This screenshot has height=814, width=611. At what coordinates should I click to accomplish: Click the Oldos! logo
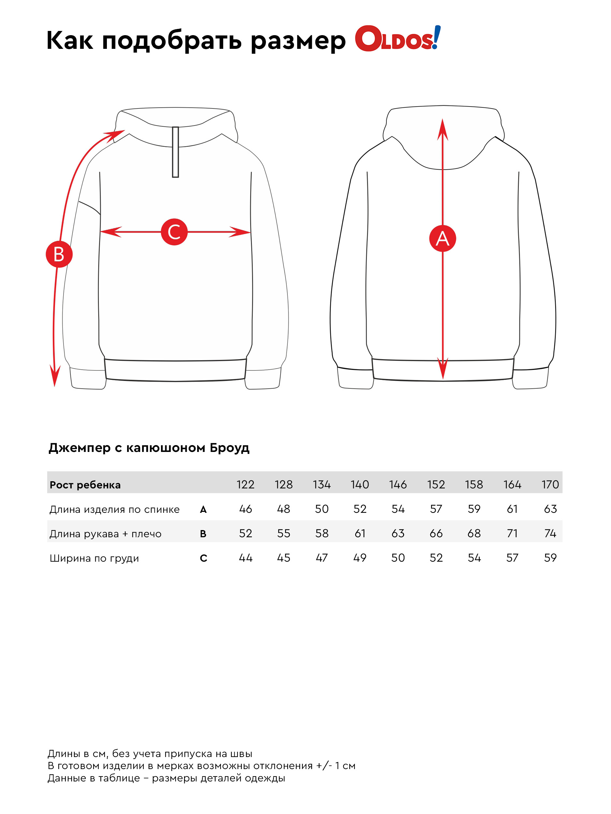pyautogui.click(x=397, y=38)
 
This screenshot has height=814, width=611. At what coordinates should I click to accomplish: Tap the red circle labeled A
pyautogui.click(x=442, y=238)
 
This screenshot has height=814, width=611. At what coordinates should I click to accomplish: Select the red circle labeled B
pyautogui.click(x=59, y=254)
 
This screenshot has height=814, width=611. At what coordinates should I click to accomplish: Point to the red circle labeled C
pyautogui.click(x=174, y=232)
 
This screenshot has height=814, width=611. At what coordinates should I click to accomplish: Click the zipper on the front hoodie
pyautogui.click(x=175, y=152)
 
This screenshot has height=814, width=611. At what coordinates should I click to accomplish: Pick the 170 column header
pyautogui.click(x=550, y=484)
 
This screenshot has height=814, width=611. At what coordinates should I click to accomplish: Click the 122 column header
pyautogui.click(x=245, y=484)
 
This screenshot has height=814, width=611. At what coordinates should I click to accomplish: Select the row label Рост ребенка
pyautogui.click(x=85, y=484)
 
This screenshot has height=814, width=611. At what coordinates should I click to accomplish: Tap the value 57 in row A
pyautogui.click(x=436, y=509)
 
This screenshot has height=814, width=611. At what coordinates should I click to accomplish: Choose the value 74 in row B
pyautogui.click(x=550, y=533)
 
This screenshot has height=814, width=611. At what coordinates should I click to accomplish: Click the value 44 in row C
pyautogui.click(x=245, y=557)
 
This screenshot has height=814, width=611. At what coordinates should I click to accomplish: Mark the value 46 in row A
pyautogui.click(x=245, y=509)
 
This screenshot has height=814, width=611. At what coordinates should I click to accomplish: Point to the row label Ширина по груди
pyautogui.click(x=94, y=558)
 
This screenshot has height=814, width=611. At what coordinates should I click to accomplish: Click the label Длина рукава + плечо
pyautogui.click(x=105, y=534)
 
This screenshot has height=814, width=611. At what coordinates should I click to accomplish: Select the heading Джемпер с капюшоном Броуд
pyautogui.click(x=149, y=448)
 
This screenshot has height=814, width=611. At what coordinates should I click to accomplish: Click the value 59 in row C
pyautogui.click(x=550, y=557)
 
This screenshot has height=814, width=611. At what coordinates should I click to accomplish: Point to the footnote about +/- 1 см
pyautogui.click(x=201, y=766)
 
